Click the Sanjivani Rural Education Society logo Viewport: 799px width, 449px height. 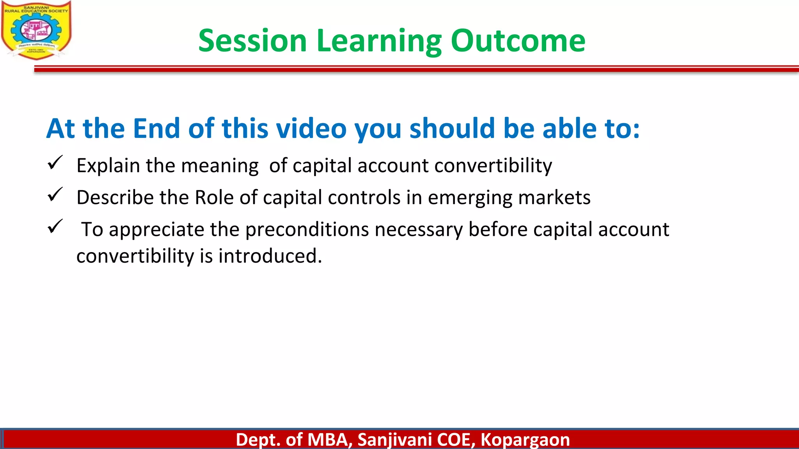[x=36, y=30]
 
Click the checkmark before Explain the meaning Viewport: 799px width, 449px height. [x=55, y=163]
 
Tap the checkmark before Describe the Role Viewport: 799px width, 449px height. [x=55, y=194]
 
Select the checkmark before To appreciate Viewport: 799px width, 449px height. [x=55, y=226]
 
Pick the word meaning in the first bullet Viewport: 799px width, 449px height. [x=220, y=166]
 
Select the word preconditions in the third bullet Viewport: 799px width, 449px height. [x=307, y=230]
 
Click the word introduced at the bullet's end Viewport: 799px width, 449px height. [x=270, y=256]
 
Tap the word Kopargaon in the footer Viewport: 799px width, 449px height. [x=525, y=440]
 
